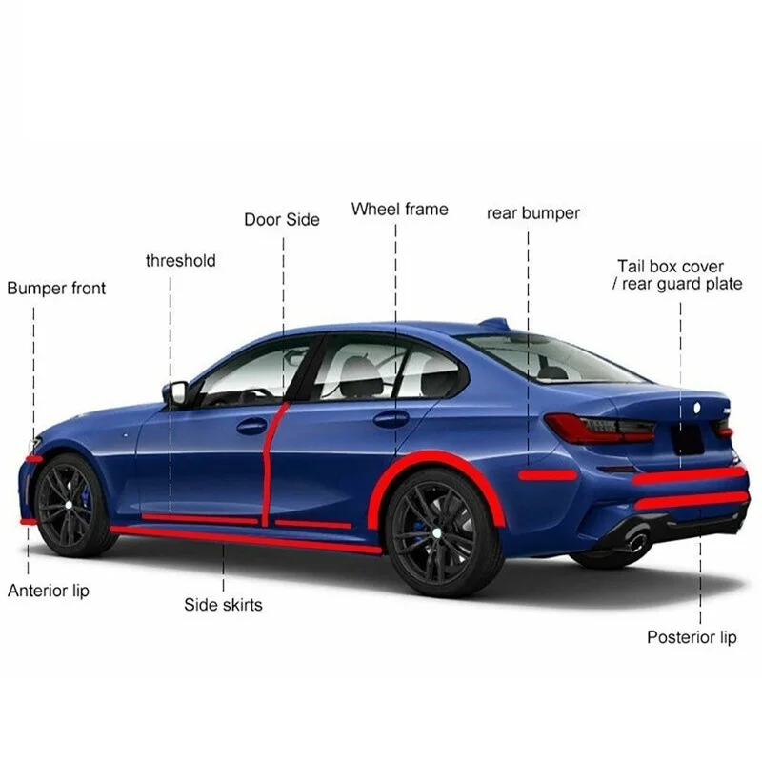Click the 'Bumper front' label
56,288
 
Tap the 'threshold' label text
180,260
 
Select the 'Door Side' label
282,219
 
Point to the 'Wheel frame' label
399,209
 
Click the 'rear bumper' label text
532,212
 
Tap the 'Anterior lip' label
48,591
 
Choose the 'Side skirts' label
223,604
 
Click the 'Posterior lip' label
692,637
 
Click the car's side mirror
175,392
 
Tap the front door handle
251,426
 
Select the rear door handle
391,418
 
